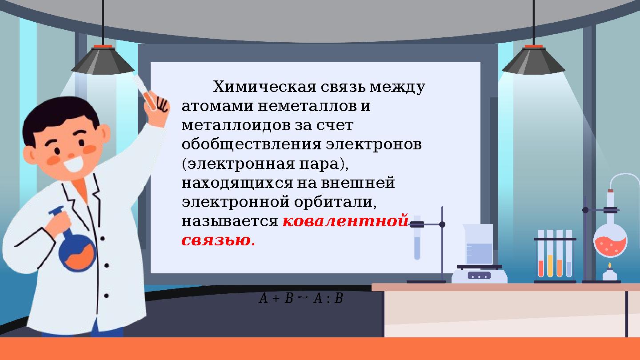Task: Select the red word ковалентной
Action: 345,221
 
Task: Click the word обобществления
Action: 251,145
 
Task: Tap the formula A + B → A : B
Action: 301,298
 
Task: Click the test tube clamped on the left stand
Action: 417,242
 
